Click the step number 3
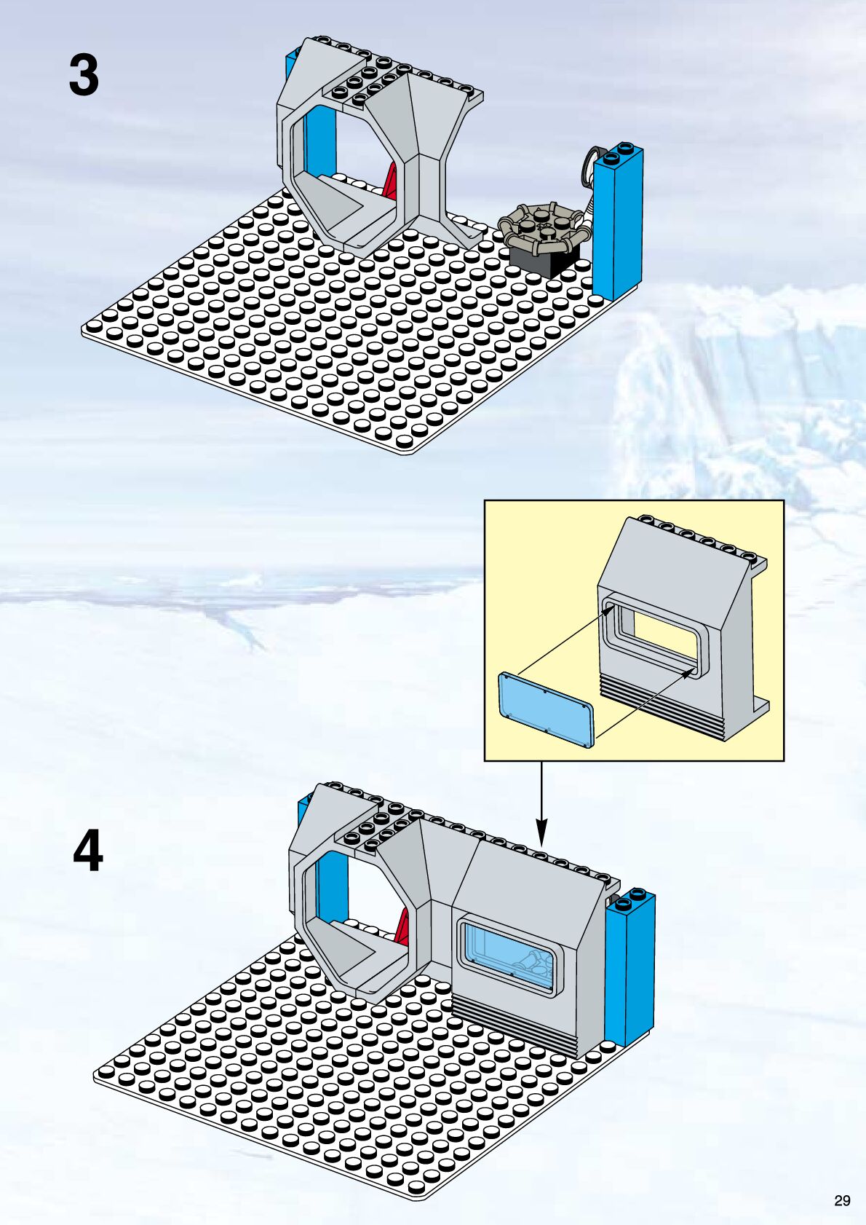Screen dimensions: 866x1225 (84, 75)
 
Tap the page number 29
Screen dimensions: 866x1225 (842, 1201)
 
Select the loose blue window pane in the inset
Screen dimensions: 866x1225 (546, 709)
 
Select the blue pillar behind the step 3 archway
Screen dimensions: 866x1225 (319, 141)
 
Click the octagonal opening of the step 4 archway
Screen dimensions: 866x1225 (358, 906)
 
